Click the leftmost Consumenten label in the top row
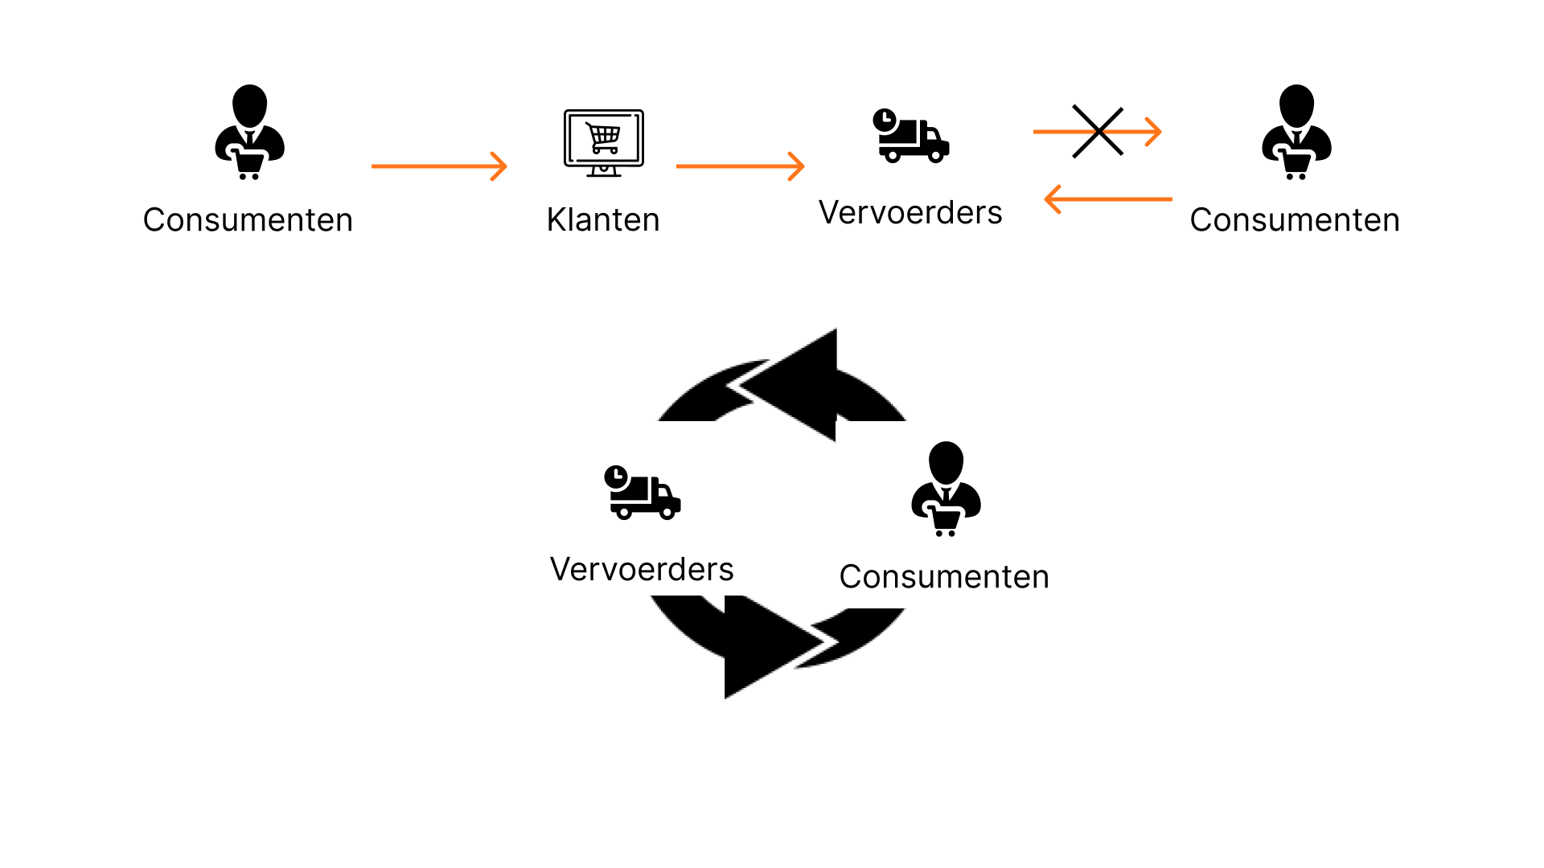[x=248, y=219]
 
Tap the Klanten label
[x=603, y=219]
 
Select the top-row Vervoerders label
[x=910, y=212]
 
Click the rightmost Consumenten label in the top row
[x=1295, y=219]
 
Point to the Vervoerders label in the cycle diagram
[x=642, y=569]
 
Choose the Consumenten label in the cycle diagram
[x=944, y=576]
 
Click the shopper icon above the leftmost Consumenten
[x=249, y=133]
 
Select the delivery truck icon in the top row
[x=911, y=137]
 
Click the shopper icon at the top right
[x=1296, y=133]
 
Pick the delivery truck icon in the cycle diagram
[x=643, y=493]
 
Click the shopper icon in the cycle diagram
[x=946, y=489]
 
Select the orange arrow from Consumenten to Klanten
[x=439, y=166]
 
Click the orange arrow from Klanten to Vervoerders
[x=740, y=166]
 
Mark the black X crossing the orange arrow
[x=1098, y=131]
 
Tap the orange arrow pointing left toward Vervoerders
[x=1107, y=199]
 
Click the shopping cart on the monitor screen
[x=604, y=137]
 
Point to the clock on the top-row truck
[x=885, y=121]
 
